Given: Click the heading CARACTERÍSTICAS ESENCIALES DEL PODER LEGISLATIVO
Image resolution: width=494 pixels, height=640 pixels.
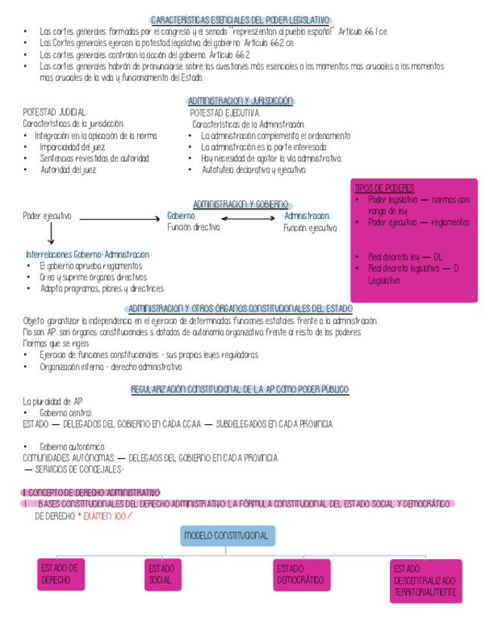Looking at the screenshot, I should tap(241, 20).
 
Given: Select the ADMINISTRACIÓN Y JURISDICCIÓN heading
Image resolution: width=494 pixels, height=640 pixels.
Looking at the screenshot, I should tap(240, 101).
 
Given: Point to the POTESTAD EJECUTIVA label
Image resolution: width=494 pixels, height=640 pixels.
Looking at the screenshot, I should tap(224, 112).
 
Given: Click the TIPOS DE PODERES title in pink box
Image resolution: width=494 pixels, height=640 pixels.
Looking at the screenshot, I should tap(385, 188).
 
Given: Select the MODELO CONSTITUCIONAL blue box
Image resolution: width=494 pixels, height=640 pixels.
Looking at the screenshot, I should tap(226, 536).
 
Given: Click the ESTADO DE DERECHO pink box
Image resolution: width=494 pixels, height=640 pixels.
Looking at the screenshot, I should tap(61, 574).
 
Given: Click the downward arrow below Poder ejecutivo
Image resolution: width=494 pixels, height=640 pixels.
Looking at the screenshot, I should tap(51, 235).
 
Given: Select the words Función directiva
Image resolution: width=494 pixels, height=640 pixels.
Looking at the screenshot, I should tap(194, 227).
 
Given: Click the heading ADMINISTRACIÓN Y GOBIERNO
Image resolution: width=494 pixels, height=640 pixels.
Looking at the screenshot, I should tap(241, 205).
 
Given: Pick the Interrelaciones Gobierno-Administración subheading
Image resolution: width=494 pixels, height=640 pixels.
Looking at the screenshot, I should tap(87, 254).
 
